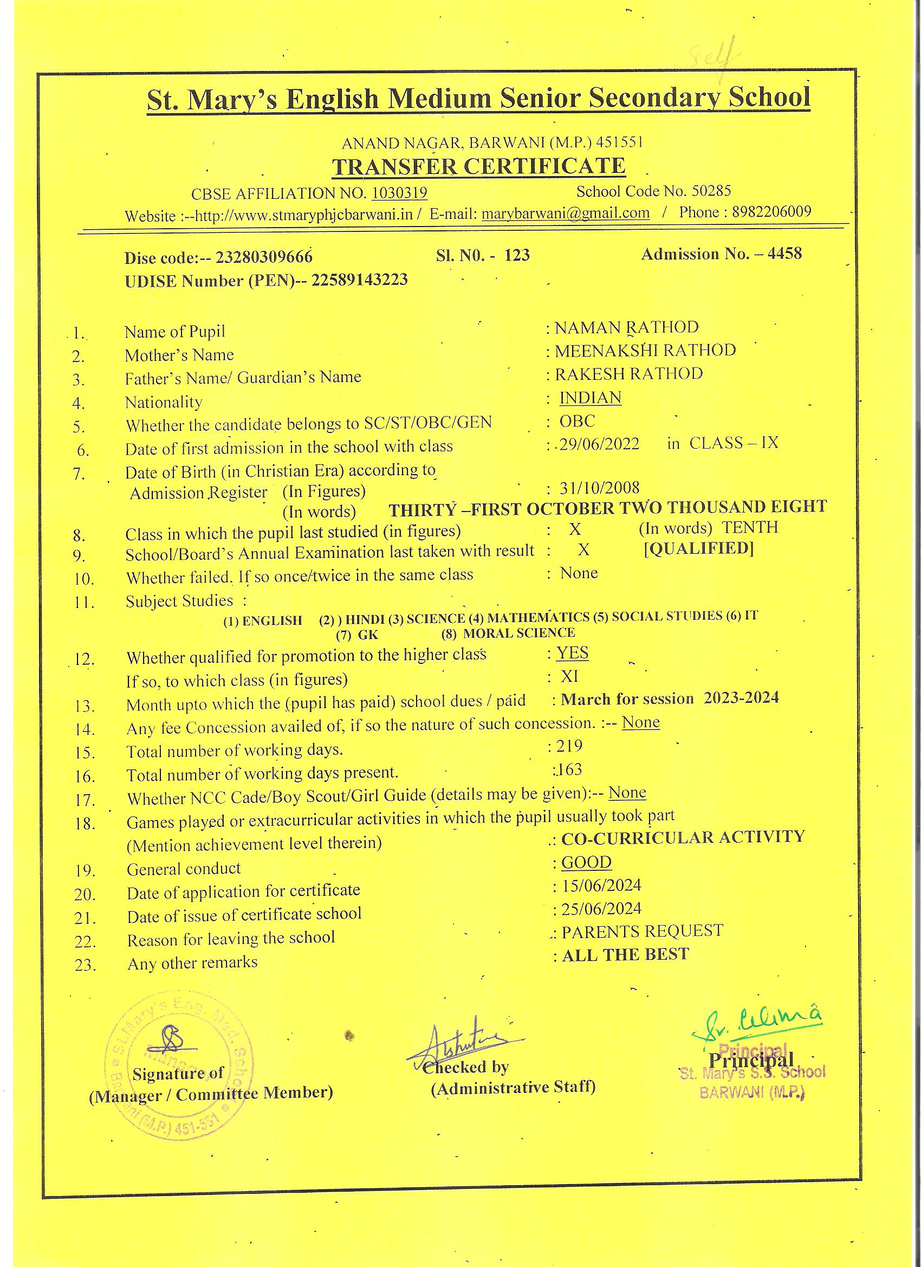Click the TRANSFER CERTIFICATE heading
click(x=479, y=167)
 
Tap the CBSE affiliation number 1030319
click(x=399, y=193)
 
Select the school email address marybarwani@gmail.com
click(x=565, y=214)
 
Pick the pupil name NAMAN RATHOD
click(x=626, y=327)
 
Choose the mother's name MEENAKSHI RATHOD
click(x=645, y=351)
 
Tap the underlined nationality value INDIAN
click(x=591, y=398)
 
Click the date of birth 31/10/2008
click(x=599, y=488)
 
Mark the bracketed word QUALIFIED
click(x=699, y=548)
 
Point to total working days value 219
click(x=569, y=746)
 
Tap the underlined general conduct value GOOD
click(x=586, y=863)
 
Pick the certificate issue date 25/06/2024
click(x=601, y=909)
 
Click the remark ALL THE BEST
click(x=626, y=955)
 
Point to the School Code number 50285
click(x=711, y=192)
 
